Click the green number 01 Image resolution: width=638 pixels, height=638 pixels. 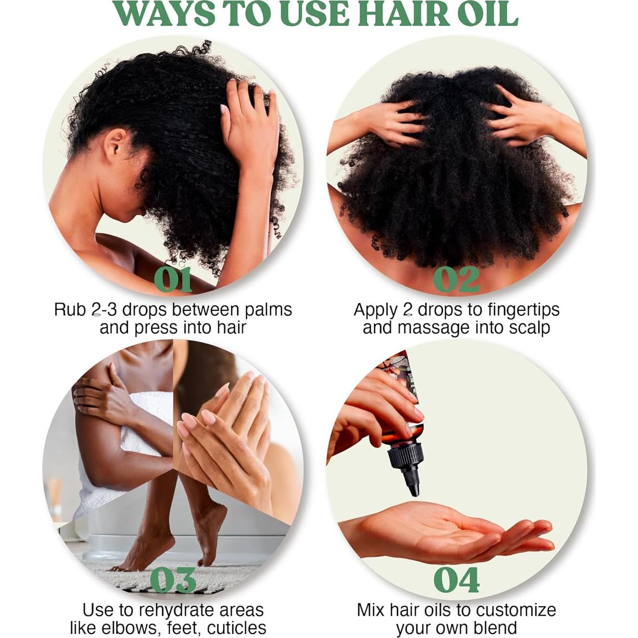pos(173,280)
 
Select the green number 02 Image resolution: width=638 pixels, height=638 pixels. pos(456,280)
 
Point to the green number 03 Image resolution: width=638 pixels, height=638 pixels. pos(173,580)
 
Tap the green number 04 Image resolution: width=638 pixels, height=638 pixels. pos(456,580)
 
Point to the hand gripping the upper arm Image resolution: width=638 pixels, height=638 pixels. pos(97,398)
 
